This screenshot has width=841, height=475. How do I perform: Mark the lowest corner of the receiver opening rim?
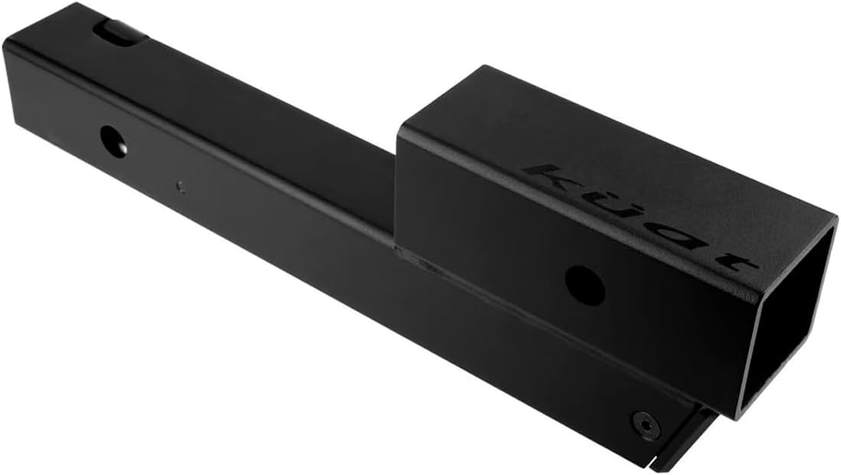(x=738, y=417)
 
